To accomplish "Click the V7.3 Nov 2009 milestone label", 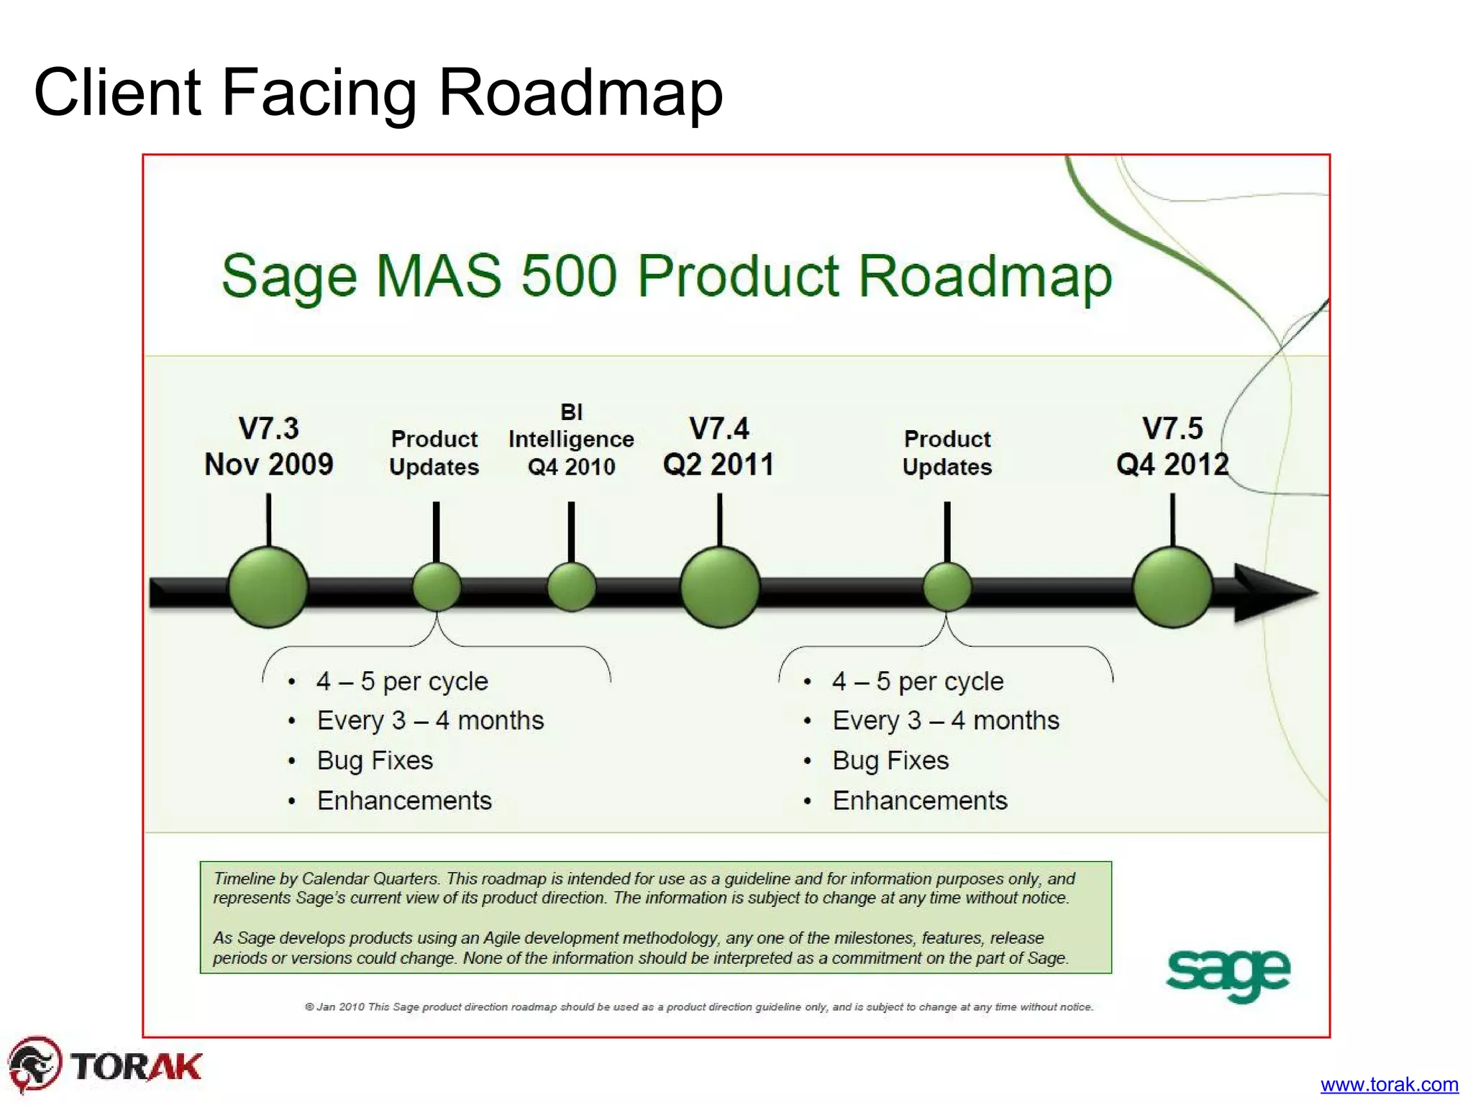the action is (269, 447).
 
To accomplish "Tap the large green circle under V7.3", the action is (268, 588).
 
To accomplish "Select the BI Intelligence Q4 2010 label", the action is (571, 440).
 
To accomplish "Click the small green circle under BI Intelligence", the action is (571, 587).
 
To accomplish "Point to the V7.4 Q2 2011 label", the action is (719, 447).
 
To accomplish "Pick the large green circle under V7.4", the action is (719, 587).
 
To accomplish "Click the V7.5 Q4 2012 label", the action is (1172, 447).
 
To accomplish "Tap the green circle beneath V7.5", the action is (1172, 587).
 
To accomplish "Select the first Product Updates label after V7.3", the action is (434, 453).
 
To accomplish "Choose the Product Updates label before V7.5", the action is (947, 453).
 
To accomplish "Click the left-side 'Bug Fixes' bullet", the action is (375, 760).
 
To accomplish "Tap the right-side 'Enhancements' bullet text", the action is (920, 801).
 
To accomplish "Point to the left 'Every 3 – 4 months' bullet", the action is (430, 720).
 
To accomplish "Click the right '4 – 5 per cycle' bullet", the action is (918, 681).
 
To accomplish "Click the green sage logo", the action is (1228, 973).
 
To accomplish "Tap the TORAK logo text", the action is (136, 1066).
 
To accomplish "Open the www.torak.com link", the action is (1389, 1084).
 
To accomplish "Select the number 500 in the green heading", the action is (569, 276).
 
